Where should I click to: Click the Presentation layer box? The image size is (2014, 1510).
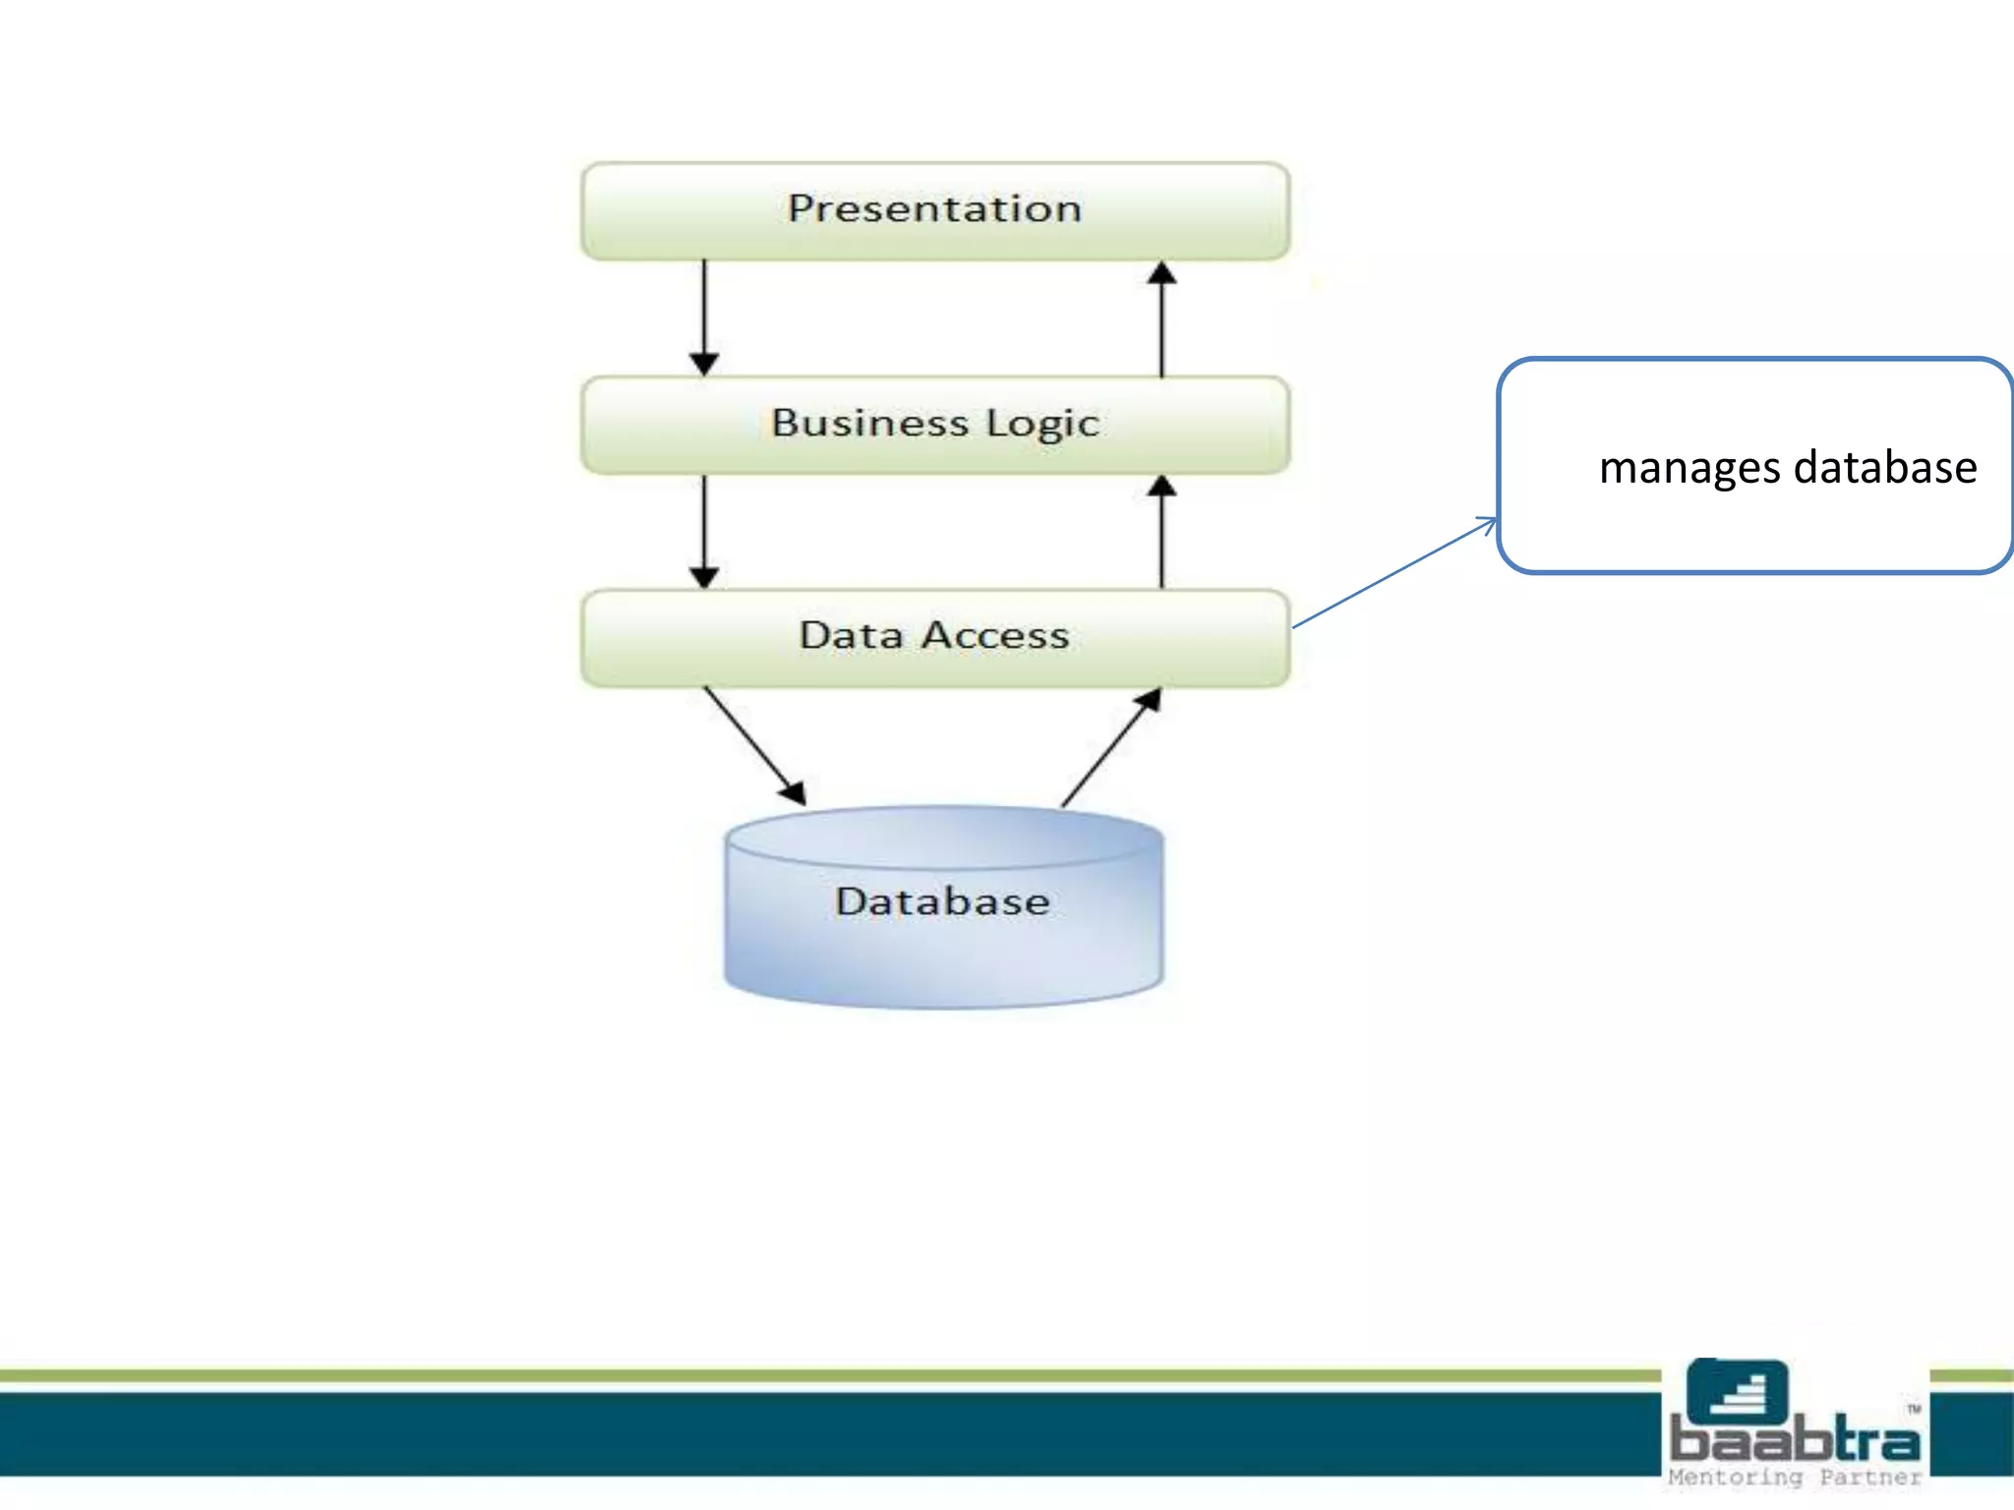click(x=934, y=211)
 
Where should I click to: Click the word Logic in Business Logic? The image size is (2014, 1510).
click(x=1042, y=424)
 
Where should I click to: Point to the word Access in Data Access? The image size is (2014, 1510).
click(x=995, y=636)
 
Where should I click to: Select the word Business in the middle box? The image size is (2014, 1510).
click(x=869, y=424)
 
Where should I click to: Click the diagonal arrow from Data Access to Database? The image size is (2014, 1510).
click(x=754, y=745)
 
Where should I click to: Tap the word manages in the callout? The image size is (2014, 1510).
click(x=1689, y=469)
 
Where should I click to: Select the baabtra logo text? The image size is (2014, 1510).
click(x=1795, y=1440)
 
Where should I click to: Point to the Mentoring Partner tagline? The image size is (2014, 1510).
click(x=1795, y=1478)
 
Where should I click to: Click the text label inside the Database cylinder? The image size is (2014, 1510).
click(x=942, y=901)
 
